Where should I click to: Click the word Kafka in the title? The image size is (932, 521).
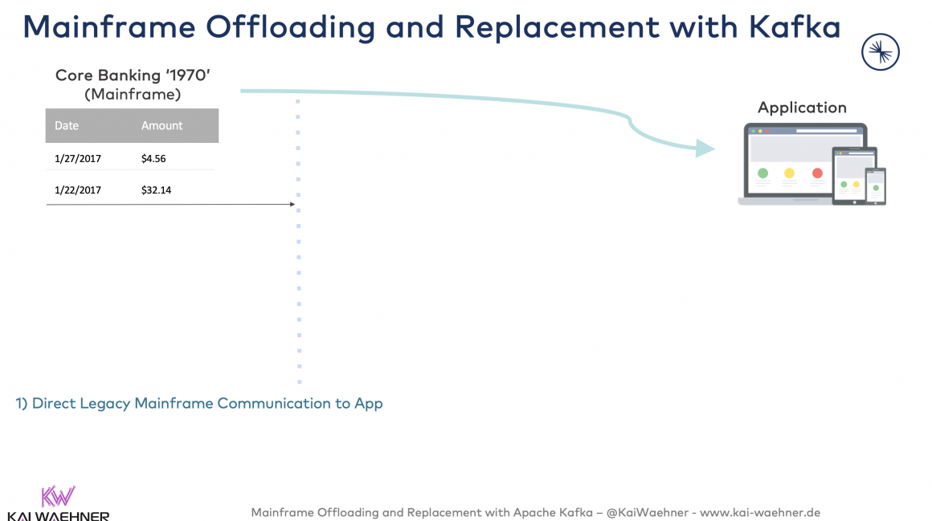coord(795,26)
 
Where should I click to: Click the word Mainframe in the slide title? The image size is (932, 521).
coord(108,26)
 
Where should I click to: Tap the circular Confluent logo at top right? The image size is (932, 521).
coord(880,53)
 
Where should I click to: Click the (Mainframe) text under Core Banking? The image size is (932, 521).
coord(133,94)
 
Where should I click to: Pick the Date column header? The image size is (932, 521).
coord(67,126)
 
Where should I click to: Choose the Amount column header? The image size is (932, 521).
coord(161,126)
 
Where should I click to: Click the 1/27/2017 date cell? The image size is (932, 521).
coord(78,159)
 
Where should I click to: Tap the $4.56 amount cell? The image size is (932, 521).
coord(153,159)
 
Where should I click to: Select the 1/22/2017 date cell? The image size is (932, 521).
coord(78,190)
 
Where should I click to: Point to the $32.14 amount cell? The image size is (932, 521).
coord(156,190)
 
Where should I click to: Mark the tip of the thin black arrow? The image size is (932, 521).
coord(293,205)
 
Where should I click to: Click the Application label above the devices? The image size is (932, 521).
coord(802,108)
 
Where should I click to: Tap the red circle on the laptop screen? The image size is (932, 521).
coord(817,173)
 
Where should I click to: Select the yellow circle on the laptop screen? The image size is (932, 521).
coord(789,173)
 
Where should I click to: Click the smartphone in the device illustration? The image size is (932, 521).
coord(875,185)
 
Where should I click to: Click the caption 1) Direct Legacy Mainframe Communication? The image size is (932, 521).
coord(199,403)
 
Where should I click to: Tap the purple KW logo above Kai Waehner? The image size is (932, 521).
coord(57,496)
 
